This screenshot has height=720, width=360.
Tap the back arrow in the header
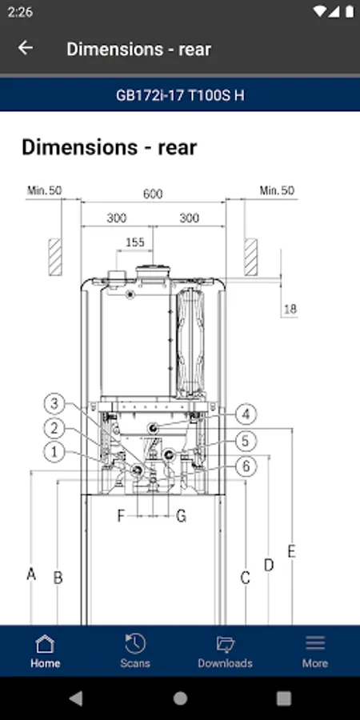pos(26,48)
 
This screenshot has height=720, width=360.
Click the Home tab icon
pos(45,643)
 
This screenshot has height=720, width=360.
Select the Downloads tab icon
pos(225,644)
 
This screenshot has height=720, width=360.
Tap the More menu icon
pos(315,643)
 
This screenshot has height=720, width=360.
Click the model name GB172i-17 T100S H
pos(180,95)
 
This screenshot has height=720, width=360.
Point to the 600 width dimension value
pos(153,194)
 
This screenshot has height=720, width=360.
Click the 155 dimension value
pos(135,242)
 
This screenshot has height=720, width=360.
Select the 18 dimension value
pos(290,309)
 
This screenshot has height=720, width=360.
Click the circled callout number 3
pos(54,404)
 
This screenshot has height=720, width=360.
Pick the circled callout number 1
pos(54,452)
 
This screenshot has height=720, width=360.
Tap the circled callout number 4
pos(246,414)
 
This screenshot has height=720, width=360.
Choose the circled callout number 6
pos(246,466)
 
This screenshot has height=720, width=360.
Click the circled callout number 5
pos(246,442)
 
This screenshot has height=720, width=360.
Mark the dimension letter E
pos(291,551)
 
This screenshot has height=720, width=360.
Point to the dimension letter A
pos(30,574)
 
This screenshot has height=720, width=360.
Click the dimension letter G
pos(182,517)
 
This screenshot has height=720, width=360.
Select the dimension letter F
pos(121,516)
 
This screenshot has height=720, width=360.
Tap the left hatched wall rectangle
pos(55,257)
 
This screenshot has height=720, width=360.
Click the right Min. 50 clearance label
pos(277,190)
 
